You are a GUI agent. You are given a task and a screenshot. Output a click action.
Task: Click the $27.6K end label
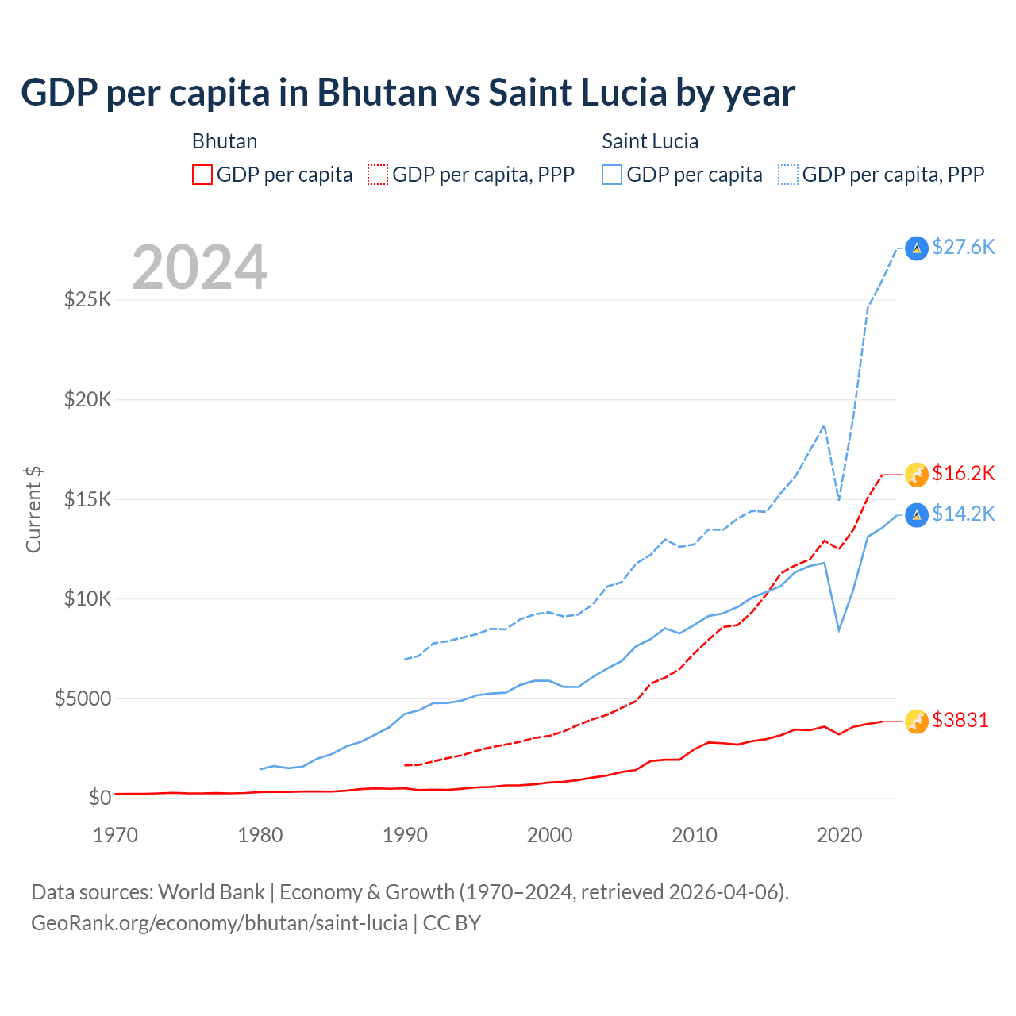(x=963, y=247)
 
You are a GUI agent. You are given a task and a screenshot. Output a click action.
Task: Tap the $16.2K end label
(x=963, y=473)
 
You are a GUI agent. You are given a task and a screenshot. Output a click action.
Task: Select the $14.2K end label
(x=963, y=514)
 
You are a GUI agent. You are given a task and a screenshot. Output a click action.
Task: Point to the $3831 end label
(x=960, y=720)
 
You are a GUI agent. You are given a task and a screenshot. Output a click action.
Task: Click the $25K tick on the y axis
(x=87, y=300)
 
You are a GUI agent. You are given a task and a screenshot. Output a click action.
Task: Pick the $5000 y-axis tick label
(x=83, y=698)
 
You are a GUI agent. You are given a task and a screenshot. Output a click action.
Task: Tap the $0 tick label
(x=99, y=798)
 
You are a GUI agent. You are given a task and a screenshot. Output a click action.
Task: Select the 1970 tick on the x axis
(x=115, y=835)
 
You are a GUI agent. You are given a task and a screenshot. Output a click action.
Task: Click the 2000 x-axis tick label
(x=549, y=835)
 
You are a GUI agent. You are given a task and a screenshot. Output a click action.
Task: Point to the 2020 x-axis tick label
(x=839, y=835)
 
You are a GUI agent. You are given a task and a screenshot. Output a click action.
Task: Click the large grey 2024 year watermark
(x=199, y=267)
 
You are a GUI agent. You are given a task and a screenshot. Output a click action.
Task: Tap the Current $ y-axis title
(x=33, y=510)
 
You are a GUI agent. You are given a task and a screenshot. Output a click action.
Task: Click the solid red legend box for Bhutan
(x=202, y=175)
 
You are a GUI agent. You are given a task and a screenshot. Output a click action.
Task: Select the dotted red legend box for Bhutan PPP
(x=378, y=175)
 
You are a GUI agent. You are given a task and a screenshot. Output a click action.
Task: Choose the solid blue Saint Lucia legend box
(x=612, y=175)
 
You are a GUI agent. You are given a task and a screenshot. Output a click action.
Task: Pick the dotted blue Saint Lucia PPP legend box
(x=788, y=175)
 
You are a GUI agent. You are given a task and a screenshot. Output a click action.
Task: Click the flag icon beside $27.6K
(x=917, y=248)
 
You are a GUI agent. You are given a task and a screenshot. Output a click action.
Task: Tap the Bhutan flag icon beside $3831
(x=917, y=721)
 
